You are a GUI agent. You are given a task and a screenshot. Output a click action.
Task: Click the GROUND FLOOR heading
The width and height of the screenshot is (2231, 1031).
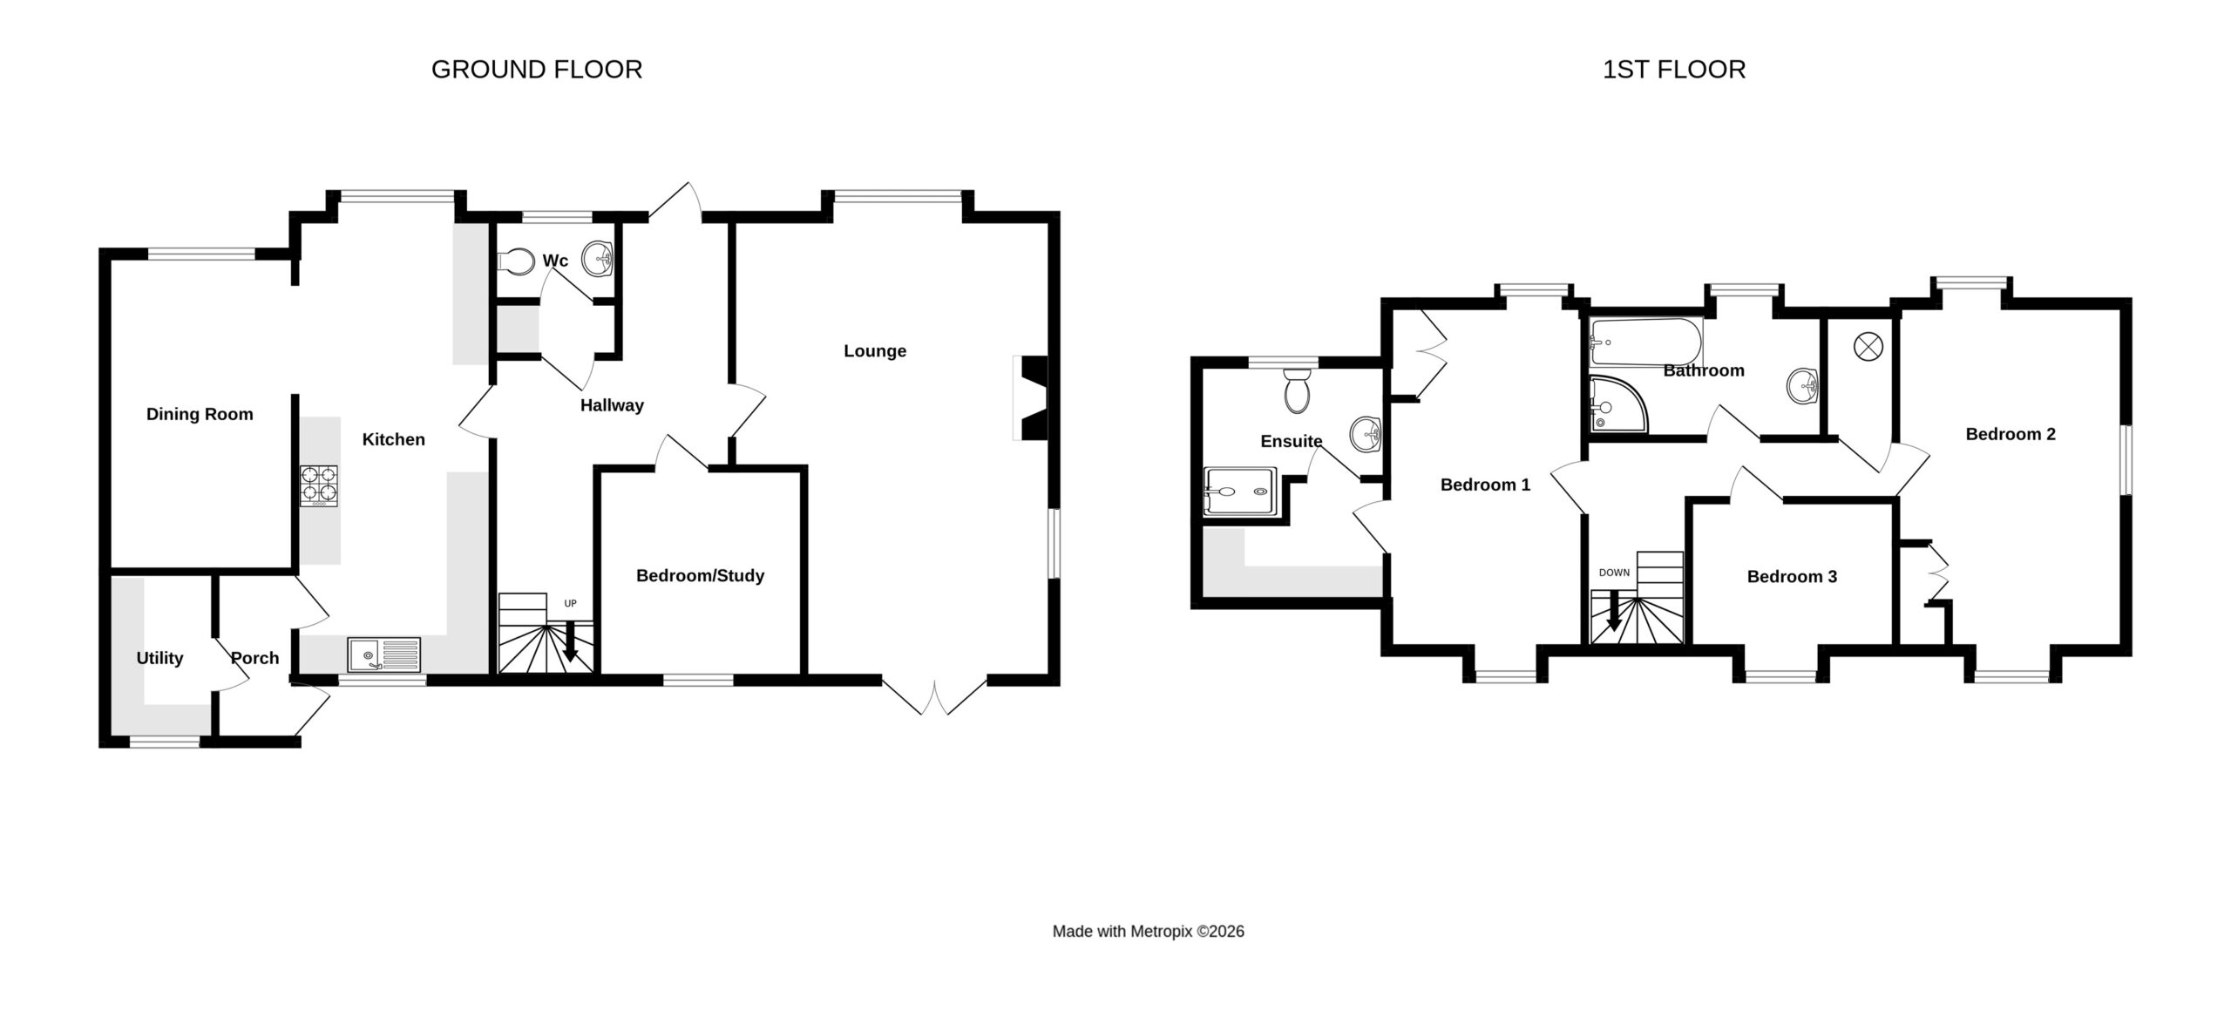point(537,70)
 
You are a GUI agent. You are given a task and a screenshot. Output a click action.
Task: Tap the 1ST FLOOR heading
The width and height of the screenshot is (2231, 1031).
point(1674,70)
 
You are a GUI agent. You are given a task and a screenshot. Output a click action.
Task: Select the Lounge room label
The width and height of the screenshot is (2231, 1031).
point(875,351)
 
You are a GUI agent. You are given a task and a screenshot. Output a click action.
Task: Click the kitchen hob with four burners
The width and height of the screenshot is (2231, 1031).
point(319,486)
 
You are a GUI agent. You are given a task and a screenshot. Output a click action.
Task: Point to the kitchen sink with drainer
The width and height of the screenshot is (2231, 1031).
point(383,654)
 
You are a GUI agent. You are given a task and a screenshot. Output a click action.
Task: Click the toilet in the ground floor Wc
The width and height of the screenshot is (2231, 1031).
point(516,261)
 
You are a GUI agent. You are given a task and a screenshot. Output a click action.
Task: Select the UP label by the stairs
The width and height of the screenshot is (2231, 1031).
point(571,603)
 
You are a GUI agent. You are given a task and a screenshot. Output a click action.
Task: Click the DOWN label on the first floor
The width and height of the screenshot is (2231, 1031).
point(1614,573)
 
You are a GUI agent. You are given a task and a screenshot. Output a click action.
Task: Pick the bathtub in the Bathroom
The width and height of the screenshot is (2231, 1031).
point(1645,343)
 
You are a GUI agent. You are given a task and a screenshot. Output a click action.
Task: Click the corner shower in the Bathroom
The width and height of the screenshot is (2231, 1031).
point(1618,404)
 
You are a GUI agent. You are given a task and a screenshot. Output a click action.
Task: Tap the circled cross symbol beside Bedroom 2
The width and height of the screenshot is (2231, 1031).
point(1868,346)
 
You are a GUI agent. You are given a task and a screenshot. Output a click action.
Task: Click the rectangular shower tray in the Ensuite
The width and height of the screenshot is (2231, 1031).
point(1241,494)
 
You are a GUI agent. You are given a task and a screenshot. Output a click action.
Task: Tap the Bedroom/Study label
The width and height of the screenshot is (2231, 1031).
point(700,576)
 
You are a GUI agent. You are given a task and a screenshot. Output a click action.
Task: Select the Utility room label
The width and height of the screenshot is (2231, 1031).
point(159,659)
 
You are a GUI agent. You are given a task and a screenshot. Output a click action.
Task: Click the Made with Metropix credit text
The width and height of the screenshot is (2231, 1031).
point(1148,932)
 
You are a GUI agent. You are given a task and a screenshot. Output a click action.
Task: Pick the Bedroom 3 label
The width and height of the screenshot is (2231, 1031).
point(1792,577)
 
